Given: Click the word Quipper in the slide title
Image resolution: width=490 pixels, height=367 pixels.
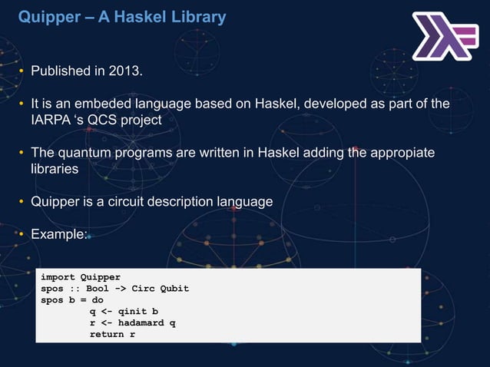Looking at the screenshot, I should point(45,16).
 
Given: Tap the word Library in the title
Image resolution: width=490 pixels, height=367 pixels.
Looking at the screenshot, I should point(197,16).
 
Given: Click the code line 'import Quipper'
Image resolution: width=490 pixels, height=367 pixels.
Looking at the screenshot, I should point(81,277).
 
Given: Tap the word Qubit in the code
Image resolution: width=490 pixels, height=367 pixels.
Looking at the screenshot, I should point(173,289).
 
